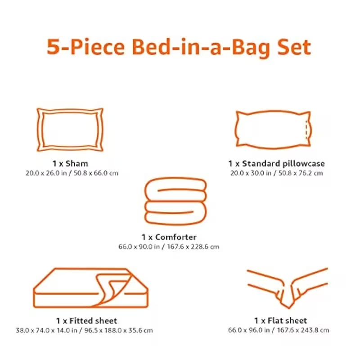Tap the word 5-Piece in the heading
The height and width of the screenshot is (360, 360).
[x=85, y=47]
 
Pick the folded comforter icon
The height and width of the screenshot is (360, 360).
[x=175, y=179]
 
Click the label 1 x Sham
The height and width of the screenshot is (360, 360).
[x=70, y=164]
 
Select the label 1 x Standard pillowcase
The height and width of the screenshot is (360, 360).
[x=276, y=164]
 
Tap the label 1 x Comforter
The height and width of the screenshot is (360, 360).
[x=169, y=237]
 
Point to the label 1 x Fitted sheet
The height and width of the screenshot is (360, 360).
[x=86, y=321]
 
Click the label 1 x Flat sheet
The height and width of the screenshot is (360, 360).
[x=280, y=320]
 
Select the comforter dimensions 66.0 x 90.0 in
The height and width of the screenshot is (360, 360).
[x=139, y=247]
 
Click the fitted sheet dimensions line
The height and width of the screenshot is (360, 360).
[x=84, y=331]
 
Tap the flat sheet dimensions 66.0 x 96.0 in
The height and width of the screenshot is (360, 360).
[x=249, y=330]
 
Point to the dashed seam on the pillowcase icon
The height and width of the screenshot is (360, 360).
[x=306, y=130]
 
